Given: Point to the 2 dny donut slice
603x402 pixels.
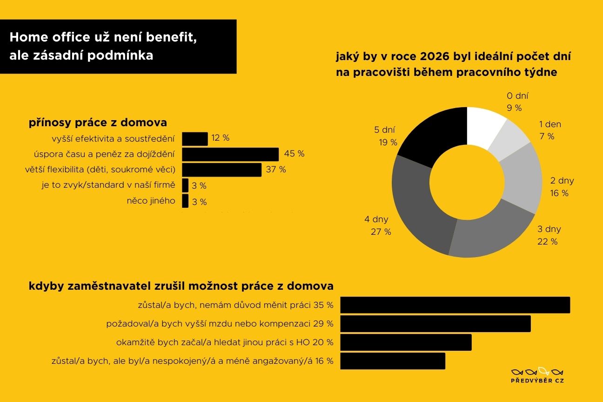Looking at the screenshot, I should click(521, 179).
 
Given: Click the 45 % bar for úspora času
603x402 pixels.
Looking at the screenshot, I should click(230, 154).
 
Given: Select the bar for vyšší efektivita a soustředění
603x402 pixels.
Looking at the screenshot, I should click(194, 139).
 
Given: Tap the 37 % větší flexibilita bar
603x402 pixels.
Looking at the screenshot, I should click(221, 170).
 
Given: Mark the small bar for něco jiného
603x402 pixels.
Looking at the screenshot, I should click(185, 201).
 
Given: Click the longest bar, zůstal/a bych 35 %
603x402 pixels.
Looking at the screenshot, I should click(455, 305).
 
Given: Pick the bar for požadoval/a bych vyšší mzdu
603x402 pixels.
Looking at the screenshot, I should click(435, 323).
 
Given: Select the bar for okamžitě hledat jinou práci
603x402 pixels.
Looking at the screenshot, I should click(406, 342).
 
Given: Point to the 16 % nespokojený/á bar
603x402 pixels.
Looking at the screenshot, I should click(393, 361).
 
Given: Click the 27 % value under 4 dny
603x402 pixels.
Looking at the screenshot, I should click(381, 232).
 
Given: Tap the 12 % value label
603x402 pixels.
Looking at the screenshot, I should click(220, 138).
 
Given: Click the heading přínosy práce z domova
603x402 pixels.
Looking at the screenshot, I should click(98, 123).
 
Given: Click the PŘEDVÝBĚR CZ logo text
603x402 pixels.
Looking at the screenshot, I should click(537, 381).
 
